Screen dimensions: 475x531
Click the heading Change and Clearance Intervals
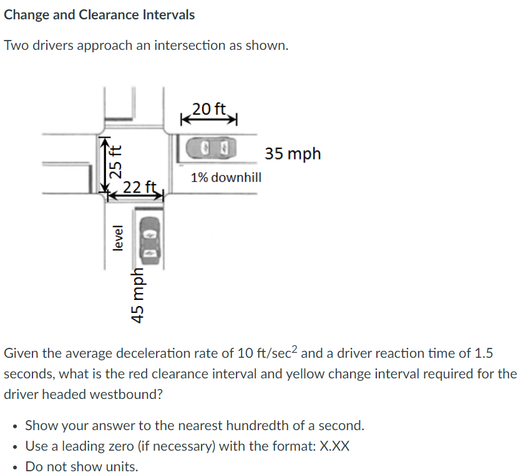click(99, 15)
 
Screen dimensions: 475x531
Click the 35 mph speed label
click(293, 153)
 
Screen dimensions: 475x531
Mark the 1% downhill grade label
click(226, 178)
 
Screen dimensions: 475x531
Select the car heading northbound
click(150, 238)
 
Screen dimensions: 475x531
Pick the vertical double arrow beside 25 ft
click(103, 163)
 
